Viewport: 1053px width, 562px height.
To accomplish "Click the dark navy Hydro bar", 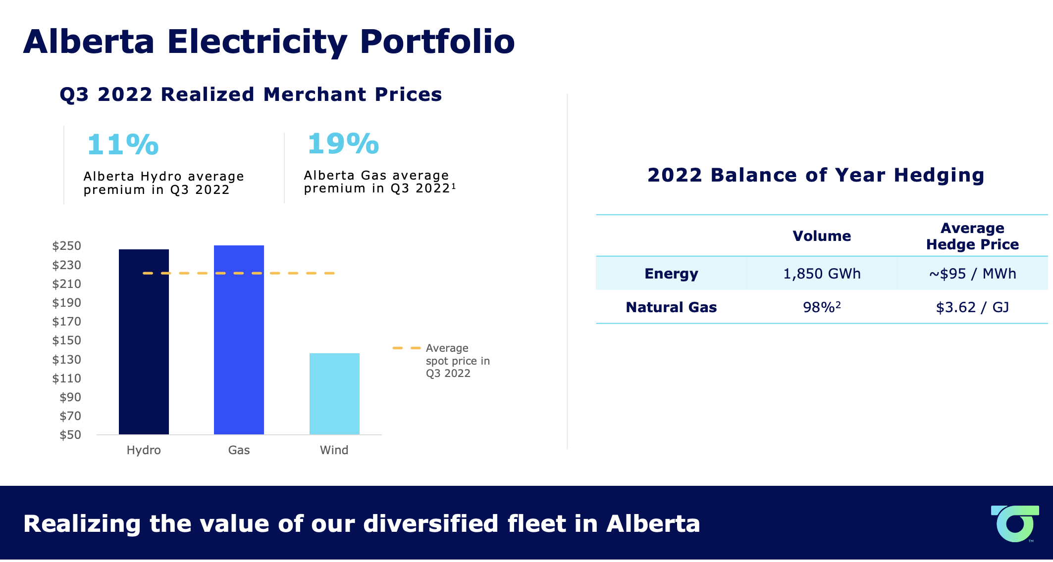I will [144, 341].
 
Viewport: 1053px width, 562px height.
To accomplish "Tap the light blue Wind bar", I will [334, 394].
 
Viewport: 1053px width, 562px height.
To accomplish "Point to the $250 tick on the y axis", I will [67, 246].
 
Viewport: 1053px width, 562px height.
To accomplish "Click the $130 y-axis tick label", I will [67, 360].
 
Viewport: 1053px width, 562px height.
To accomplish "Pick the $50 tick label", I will [70, 435].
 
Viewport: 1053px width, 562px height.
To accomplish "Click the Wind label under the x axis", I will [334, 450].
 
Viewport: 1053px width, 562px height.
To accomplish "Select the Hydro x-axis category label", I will [144, 450].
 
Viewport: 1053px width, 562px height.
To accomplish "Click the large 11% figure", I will [123, 144].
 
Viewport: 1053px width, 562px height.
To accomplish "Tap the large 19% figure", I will [343, 143].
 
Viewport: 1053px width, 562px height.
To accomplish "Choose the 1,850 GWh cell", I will [822, 274].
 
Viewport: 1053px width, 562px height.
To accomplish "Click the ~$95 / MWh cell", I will [972, 274].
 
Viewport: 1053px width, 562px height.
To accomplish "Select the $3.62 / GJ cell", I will [972, 307].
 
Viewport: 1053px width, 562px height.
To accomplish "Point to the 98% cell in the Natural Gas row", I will [822, 307].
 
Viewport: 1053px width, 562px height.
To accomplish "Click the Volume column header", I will [822, 236].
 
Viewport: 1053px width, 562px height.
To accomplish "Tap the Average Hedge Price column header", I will [972, 236].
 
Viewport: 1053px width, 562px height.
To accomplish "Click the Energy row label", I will [671, 274].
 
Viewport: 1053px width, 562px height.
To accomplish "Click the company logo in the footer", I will [1014, 523].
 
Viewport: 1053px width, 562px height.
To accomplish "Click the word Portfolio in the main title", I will [437, 42].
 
